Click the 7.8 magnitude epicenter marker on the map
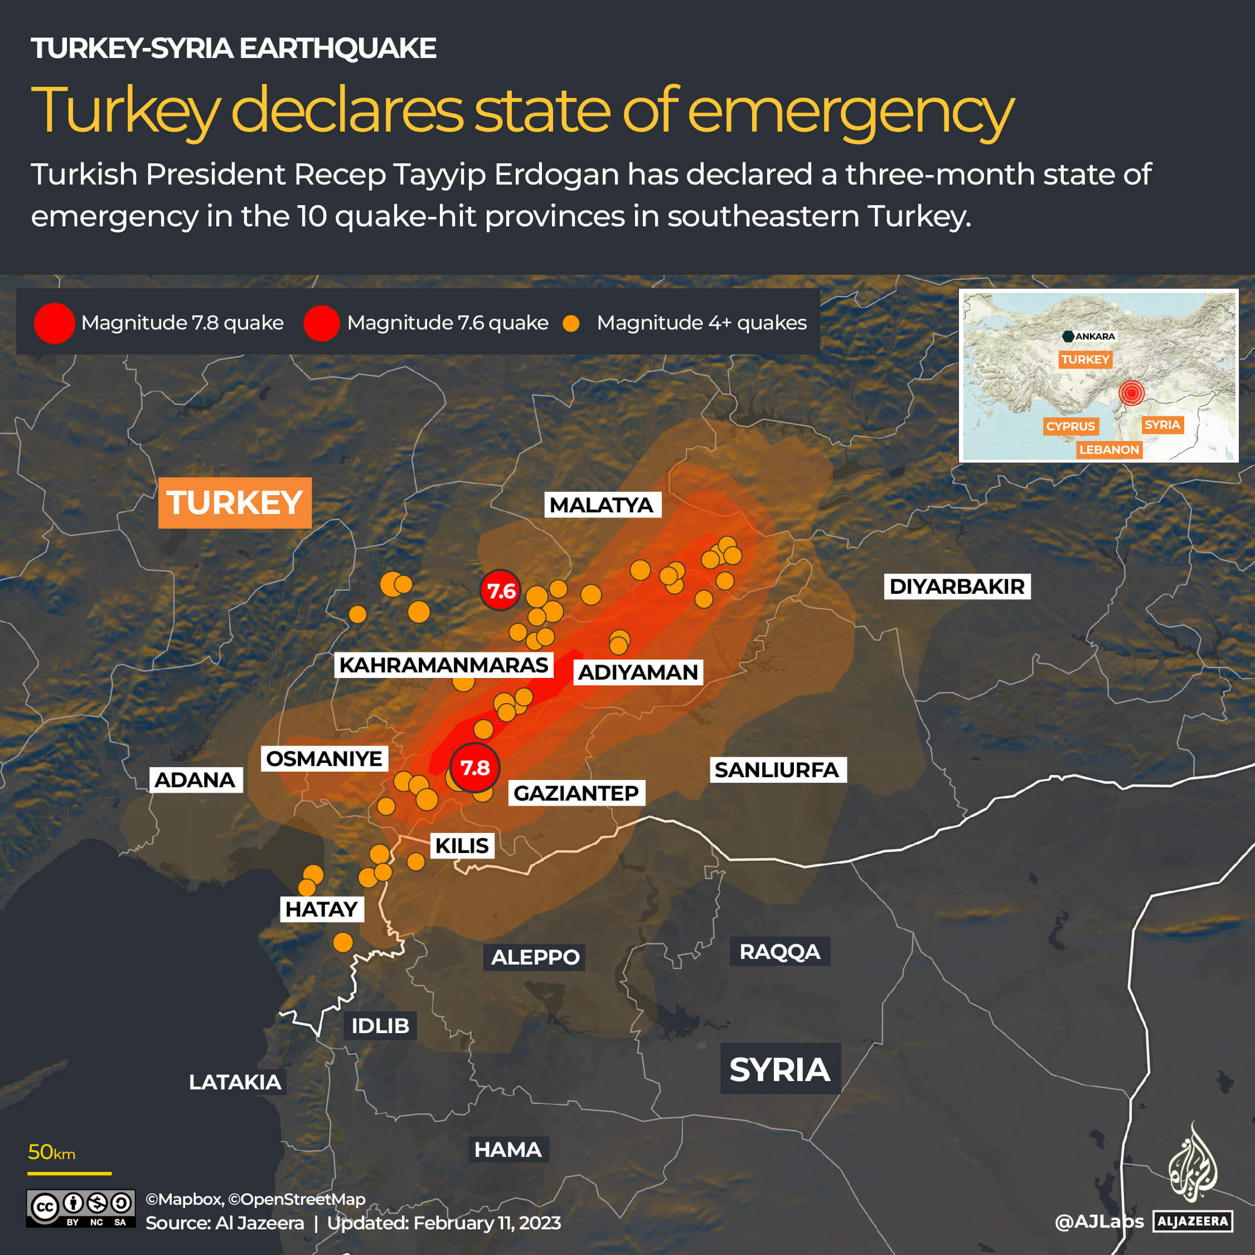pos(475,768)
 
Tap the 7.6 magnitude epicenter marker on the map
pos(501,590)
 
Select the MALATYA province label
pos(602,505)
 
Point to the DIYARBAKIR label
pos(957,586)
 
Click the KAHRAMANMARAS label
pos(444,665)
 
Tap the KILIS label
pos(461,846)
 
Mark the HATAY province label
pos(322,909)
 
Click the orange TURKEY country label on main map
pos(235,503)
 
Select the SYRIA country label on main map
pos(779,1069)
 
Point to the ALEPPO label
pos(535,957)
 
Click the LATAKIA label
pos(235,1082)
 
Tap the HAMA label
pos(508,1150)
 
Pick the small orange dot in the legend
pos(571,323)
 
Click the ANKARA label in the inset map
pos(1094,337)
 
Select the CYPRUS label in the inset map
pos(1070,426)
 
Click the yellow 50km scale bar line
pos(70,1174)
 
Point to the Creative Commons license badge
pos(80,1208)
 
